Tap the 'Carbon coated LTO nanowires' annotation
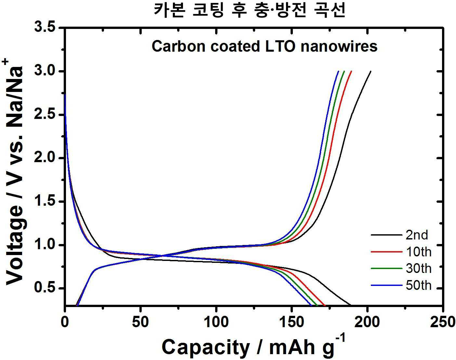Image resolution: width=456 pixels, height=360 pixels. pos(265,46)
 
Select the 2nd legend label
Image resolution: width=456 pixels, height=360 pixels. pos(417,235)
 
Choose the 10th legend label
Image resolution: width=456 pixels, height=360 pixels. pos(419,252)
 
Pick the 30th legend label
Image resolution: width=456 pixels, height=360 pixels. pos(419,268)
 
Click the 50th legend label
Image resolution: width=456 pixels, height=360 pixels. pos(419,285)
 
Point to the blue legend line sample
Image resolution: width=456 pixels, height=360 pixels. pos(386,285)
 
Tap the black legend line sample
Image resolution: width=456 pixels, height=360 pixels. pos(386,235)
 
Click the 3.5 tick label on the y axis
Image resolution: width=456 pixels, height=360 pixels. pos(44,28)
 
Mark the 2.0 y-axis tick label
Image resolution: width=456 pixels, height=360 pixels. pos(44,158)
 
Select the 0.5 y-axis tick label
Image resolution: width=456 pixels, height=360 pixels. pos(44,289)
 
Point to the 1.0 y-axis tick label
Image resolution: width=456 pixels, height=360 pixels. pos(44,245)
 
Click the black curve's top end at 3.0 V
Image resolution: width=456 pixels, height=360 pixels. pos(371,71)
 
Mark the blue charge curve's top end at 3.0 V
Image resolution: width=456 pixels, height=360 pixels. pos(338,71)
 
